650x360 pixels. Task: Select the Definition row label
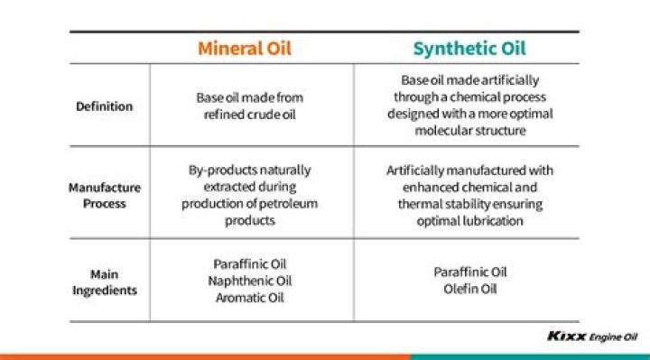104,106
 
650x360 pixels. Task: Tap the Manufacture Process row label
105,195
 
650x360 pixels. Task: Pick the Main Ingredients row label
105,282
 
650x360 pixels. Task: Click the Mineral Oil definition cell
252,105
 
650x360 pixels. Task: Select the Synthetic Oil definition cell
469,105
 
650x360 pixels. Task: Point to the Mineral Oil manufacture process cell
250,194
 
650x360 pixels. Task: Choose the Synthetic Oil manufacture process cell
469,194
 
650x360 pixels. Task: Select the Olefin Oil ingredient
470,290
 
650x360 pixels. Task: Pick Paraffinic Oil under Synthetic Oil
470,272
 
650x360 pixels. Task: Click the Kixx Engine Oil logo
592,337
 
